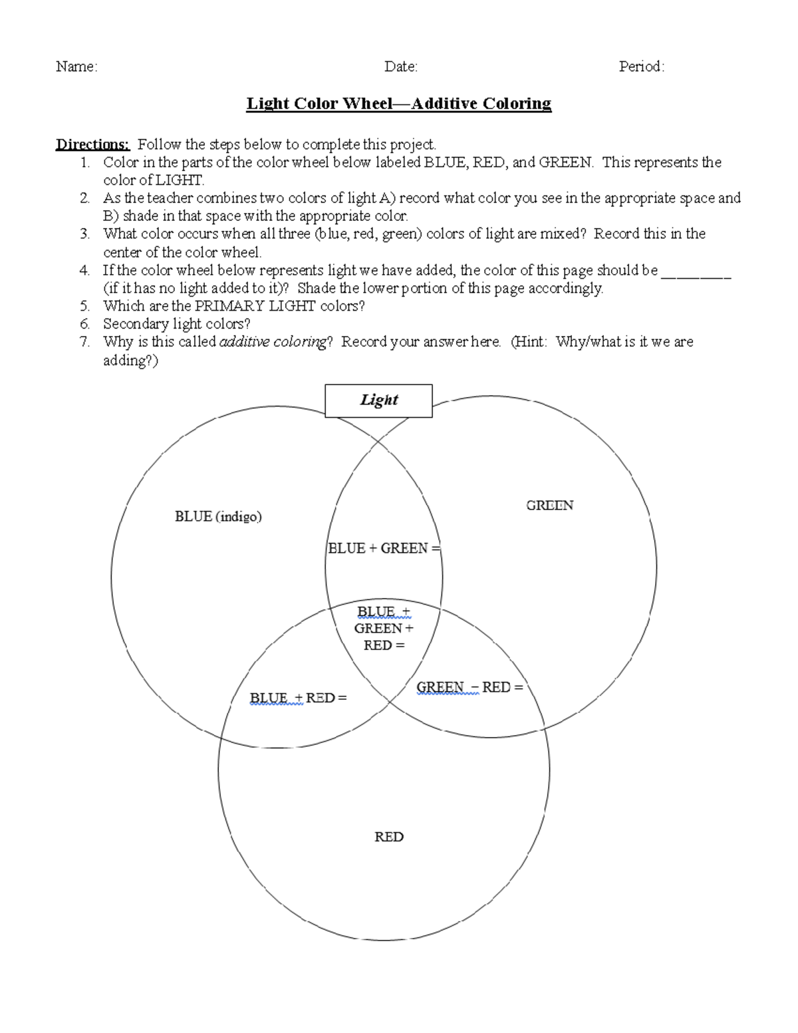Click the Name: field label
pos(76,67)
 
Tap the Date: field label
pos(401,67)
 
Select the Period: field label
pos(642,67)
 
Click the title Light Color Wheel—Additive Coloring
pos(399,104)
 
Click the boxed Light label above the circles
pos(378,400)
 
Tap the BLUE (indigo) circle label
pos(218,517)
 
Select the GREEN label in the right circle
pos(549,506)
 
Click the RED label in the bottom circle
pos(389,837)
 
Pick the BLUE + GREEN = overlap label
pos(384,549)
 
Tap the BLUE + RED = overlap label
pos(298,698)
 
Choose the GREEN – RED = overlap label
pos(469,688)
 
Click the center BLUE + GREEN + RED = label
pos(384,629)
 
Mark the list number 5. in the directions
pos(84,307)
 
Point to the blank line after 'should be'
pos(696,271)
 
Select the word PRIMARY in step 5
pos(229,307)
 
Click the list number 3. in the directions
pos(84,234)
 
